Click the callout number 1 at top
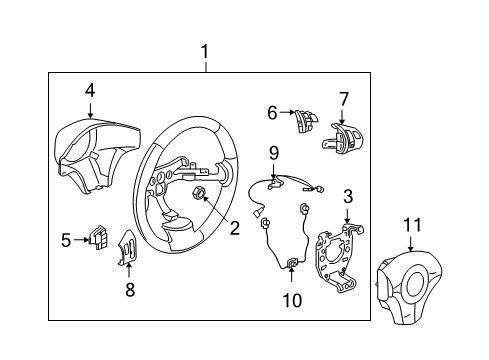tap(206, 51)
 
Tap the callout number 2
tap(234, 228)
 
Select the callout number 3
tap(348, 195)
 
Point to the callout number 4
tap(90, 91)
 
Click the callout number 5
tap(67, 240)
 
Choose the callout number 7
tap(344, 99)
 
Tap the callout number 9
tap(272, 152)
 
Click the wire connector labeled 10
tap(293, 265)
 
